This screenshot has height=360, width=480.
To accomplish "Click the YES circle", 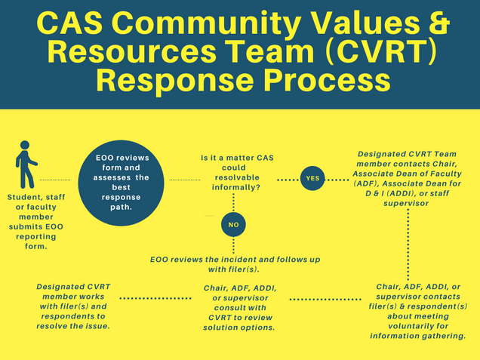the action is click(x=312, y=178).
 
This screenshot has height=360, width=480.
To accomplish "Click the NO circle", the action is click(x=233, y=225).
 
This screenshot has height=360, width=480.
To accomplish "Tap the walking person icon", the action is click(x=26, y=165).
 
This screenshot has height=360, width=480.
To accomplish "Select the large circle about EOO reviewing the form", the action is click(x=121, y=183).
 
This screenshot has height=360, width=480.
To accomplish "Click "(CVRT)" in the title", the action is click(x=380, y=51).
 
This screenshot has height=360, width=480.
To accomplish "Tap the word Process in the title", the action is click(x=327, y=80).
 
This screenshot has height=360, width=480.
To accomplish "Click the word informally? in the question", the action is click(x=236, y=187).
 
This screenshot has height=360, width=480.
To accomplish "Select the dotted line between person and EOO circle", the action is click(x=55, y=180).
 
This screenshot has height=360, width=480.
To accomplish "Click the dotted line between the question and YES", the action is click(x=288, y=180).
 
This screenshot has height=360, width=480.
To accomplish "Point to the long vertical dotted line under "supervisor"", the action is click(x=408, y=245).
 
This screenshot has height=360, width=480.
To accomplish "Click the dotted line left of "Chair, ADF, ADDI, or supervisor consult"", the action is click(x=155, y=298).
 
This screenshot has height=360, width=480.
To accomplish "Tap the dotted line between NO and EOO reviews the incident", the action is click(x=233, y=246).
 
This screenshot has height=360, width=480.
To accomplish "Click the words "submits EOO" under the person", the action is click(x=36, y=227).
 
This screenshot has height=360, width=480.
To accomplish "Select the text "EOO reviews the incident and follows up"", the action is click(x=235, y=260).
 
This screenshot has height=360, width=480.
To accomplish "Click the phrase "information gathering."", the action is click(x=418, y=336).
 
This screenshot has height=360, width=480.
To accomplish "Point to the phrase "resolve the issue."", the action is click(x=73, y=326).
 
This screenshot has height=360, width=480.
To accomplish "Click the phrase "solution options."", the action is click(x=239, y=328).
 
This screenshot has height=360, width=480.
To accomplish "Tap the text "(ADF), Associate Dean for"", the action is click(x=407, y=183).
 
